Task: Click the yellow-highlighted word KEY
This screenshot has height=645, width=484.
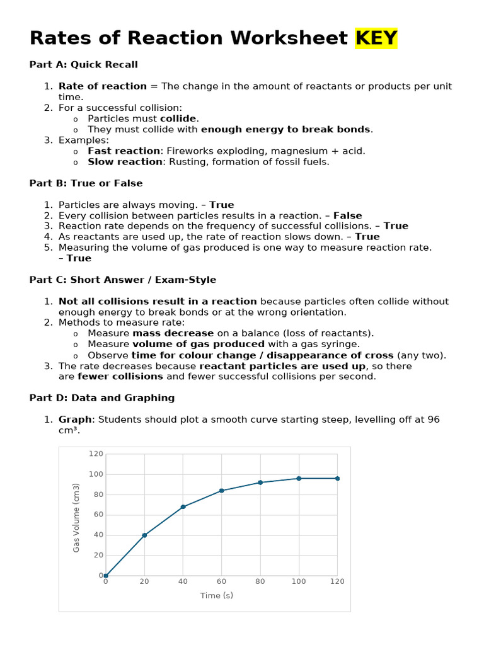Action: [376, 38]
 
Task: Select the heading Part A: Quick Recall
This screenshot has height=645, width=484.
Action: [83, 65]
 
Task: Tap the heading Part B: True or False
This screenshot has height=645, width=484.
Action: [86, 183]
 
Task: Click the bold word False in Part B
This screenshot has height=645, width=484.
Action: [348, 215]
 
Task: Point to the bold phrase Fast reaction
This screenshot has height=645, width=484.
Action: [124, 151]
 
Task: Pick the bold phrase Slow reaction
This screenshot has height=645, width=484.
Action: [125, 162]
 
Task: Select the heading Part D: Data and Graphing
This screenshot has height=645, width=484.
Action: [102, 398]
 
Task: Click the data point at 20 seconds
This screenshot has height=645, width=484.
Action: [144, 535]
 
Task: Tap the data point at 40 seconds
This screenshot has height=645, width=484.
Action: [183, 506]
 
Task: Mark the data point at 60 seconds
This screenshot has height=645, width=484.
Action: [221, 491]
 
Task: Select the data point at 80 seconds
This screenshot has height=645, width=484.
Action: [260, 482]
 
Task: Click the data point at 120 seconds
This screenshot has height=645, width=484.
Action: [337, 479]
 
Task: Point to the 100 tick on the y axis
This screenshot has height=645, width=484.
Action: [96, 474]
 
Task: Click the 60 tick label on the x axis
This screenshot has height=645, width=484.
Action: [221, 582]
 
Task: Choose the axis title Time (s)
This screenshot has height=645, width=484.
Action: [217, 596]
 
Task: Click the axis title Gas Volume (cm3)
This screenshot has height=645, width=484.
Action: [76, 518]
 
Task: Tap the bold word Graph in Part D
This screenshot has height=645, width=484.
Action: [75, 420]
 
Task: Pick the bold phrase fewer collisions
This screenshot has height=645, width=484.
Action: [120, 377]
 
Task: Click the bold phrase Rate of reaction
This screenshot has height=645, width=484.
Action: [103, 86]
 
